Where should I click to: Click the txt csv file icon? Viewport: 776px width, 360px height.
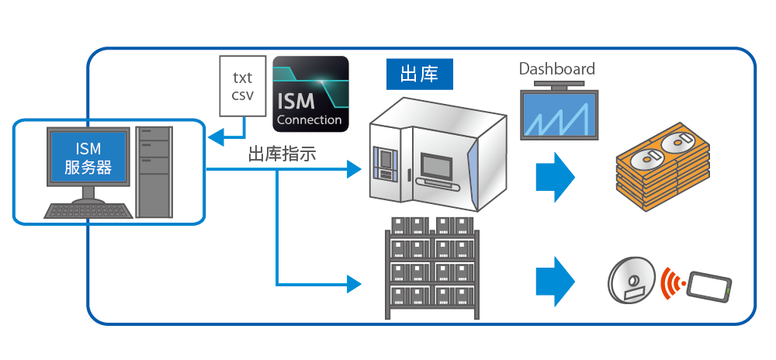coord(242,86)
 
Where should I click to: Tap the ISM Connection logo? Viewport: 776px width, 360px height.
coord(311,94)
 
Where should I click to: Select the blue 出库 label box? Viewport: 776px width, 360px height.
coord(419,75)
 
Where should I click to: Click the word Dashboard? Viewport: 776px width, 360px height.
coord(556,69)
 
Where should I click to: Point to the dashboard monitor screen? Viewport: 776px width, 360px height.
coord(559,114)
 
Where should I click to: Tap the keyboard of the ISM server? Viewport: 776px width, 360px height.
coord(88,211)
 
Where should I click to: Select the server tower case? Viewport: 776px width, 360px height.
coord(154,172)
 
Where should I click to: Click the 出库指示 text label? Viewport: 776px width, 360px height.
coord(282,154)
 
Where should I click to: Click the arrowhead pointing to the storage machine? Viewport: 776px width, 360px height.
coord(355,170)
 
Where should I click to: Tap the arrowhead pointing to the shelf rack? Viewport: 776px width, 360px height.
coord(355,284)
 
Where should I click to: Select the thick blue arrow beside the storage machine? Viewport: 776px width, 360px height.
coord(556,177)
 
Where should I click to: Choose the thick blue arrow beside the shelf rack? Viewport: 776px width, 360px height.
coord(556,282)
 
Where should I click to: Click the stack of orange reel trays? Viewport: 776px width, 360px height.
coord(662,167)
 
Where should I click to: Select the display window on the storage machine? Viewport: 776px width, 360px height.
coord(436,167)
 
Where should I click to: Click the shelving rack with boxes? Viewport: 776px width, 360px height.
coord(432,268)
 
